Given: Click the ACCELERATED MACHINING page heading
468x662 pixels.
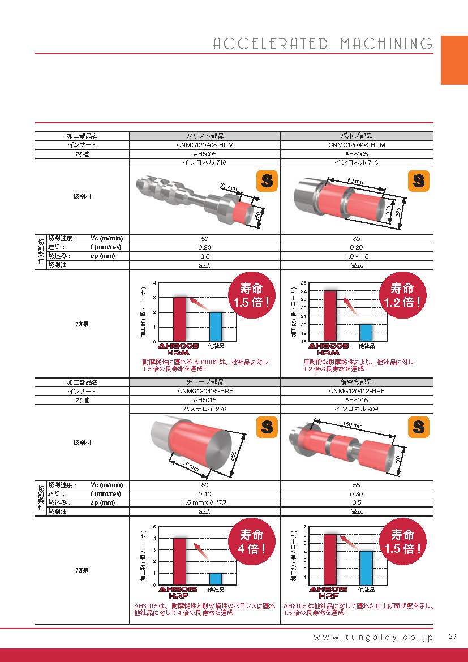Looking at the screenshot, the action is click(323, 44).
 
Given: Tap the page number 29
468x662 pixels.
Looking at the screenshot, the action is click(452, 636).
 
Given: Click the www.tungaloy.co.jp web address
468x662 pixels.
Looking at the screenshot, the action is click(373, 638).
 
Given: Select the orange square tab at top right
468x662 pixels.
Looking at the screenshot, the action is click(454, 60).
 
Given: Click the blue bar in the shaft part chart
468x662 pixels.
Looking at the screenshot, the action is click(216, 327).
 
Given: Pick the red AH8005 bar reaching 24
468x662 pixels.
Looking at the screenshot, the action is click(330, 316).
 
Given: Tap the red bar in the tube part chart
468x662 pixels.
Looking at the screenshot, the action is click(179, 561).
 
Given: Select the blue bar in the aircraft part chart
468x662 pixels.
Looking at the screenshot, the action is click(366, 568).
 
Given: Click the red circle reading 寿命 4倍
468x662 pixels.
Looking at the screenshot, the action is click(252, 541).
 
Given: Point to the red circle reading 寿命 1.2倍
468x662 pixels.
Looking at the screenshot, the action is click(402, 295).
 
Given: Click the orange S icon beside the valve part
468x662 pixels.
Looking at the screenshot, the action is click(419, 181).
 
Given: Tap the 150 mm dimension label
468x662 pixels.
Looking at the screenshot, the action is click(353, 425).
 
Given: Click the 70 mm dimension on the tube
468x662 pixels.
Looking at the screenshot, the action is click(191, 466).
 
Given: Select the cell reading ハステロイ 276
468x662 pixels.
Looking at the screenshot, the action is click(205, 409).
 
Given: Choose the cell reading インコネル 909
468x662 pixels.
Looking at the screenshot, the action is click(356, 409).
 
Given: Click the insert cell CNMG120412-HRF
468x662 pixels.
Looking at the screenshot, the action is click(357, 391).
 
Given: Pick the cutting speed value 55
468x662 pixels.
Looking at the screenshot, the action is click(357, 485).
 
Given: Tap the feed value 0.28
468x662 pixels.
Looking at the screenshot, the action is click(204, 247).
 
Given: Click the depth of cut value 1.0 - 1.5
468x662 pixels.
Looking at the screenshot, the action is click(357, 256).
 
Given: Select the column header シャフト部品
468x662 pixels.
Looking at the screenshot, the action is click(205, 136).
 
